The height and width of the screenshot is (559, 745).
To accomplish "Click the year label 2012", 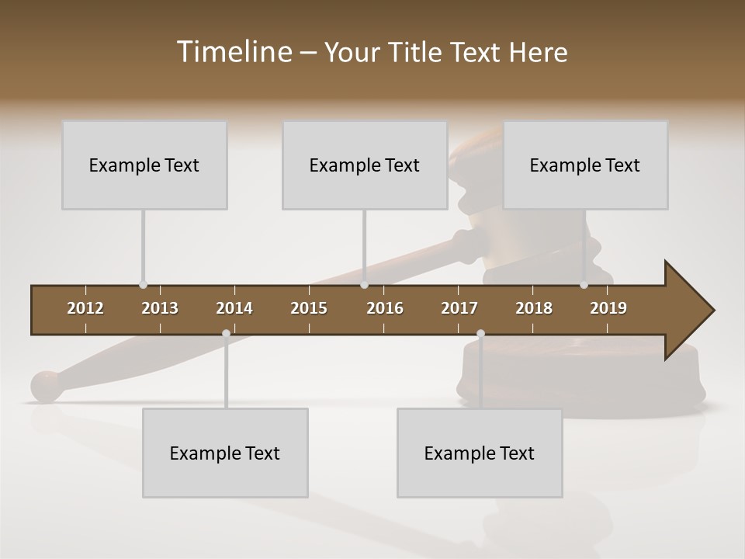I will pos(85,308).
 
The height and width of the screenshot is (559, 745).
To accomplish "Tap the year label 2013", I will pos(160,308).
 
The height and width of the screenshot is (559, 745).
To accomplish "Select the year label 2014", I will pos(234,308).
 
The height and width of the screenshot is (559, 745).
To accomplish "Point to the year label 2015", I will pos(309,308).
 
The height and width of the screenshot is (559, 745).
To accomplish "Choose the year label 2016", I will pos(385,308).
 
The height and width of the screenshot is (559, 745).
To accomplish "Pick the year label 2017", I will pos(459,308).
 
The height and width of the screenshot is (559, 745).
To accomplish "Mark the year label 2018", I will pos(534,308).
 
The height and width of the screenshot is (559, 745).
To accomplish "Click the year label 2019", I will pos(608,308).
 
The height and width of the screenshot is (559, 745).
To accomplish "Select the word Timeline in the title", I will pos(234,52).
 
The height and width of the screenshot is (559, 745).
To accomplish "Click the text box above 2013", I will pos(144,165).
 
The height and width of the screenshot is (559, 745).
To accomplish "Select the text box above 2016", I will pos(365,165).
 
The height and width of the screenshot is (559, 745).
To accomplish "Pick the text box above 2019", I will pos(585,165).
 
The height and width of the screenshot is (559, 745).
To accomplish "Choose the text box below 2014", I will pos(225,453).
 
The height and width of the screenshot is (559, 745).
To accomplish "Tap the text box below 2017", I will pos(480,453).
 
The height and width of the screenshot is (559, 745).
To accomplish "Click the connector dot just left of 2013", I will pos(143,285).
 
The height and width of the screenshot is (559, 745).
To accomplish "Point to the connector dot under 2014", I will pos(226,334).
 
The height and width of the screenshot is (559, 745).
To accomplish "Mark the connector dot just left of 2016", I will pos(364,285).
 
